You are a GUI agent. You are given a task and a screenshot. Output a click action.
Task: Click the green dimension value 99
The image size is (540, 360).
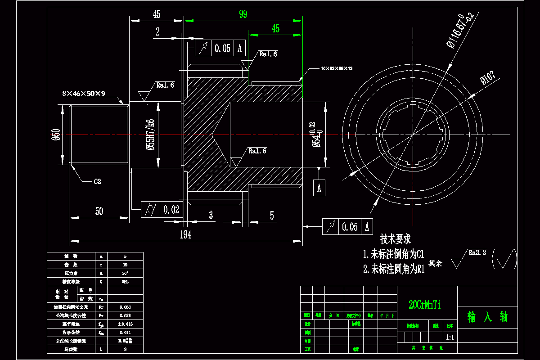coord(243,14)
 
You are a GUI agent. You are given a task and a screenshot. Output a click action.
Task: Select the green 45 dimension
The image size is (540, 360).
coord(275,29)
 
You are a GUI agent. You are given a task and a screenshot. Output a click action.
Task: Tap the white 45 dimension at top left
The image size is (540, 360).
coord(157,14)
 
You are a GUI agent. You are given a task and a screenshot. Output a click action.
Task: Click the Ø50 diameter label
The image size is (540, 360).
coord(56,135)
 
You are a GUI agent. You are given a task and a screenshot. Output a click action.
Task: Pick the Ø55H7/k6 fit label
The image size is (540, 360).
coord(150,135)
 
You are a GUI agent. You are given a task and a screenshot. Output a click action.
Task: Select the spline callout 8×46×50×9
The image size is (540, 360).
coord(84,94)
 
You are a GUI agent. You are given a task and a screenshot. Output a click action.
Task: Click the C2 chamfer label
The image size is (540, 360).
coord(97,182)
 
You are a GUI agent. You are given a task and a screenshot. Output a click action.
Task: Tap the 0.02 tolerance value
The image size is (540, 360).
coord(171,209)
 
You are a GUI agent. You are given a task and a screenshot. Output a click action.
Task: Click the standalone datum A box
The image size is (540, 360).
coord(319,188)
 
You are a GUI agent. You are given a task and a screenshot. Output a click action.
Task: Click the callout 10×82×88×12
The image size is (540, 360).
coord(337,68)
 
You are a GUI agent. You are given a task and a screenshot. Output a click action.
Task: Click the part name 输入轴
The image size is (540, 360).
coord(487,317)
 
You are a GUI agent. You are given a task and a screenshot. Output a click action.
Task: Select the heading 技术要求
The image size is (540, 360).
coord(396,239)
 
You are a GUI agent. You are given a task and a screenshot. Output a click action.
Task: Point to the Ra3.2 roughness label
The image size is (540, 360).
coord(477,253)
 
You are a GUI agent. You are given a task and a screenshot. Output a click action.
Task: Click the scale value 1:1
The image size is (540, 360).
coord(449,337)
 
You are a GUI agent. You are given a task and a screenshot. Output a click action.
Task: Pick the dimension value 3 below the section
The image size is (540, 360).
coord(211,215)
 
